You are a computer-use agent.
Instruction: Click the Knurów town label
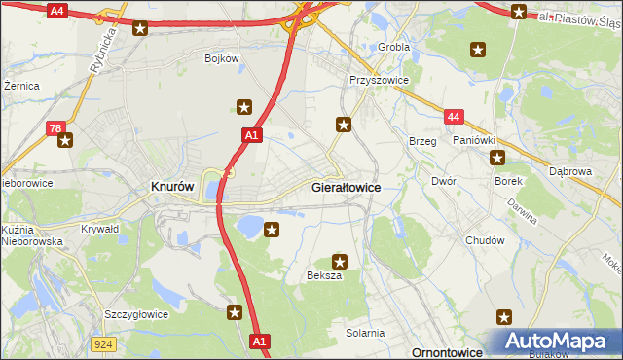173,186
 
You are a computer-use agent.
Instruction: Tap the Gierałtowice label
346,186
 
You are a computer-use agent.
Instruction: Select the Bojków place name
222,58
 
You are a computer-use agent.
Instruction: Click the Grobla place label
394,46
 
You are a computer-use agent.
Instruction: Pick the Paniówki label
475,140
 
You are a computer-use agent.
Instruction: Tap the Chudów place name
485,240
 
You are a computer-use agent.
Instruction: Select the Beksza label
324,276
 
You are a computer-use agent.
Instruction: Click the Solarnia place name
365,333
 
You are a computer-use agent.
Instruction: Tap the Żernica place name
20,86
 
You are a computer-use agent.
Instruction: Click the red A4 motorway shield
56,11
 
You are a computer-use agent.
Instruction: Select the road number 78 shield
56,126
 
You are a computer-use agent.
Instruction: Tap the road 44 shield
453,117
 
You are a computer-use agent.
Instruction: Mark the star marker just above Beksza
340,261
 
